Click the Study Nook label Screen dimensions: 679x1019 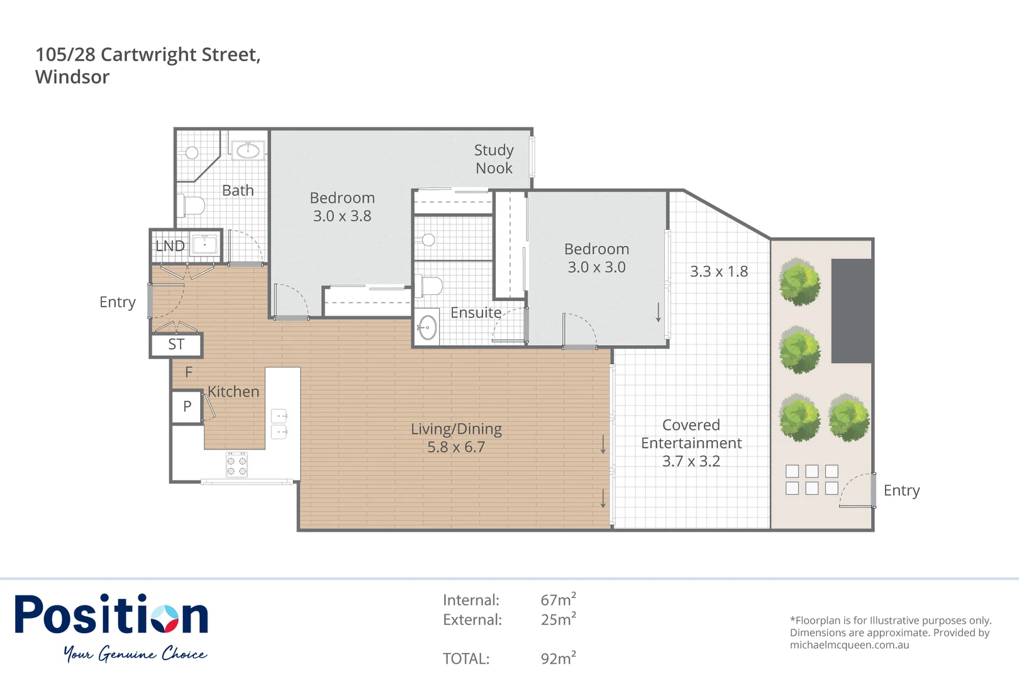[x=494, y=159]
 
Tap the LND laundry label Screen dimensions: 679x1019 [x=170, y=246]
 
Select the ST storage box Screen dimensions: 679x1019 [x=176, y=345]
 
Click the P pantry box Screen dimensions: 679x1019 [x=187, y=407]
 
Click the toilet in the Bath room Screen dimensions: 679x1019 [x=192, y=206]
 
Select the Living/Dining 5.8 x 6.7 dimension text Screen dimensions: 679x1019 [x=456, y=447]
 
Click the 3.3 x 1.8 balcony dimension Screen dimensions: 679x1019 [x=719, y=272]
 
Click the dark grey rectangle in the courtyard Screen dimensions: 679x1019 [x=852, y=311]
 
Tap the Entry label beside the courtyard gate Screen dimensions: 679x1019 [x=901, y=490]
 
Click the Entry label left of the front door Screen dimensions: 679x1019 [x=118, y=302]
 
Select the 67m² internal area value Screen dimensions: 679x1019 [x=558, y=600]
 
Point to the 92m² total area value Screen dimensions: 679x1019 [x=558, y=658]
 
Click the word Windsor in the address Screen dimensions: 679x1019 [x=72, y=77]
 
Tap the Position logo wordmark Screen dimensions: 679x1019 [x=111, y=614]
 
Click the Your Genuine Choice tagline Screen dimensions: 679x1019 [x=135, y=654]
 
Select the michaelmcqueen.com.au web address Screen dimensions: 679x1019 [x=849, y=644]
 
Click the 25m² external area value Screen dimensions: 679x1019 [x=558, y=619]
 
